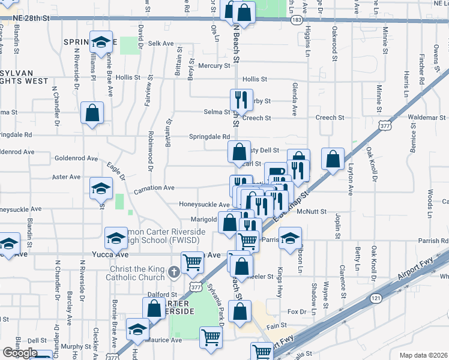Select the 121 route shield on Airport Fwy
click(x=375, y=298)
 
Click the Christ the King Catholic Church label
click(x=135, y=272)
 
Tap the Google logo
click(x=20, y=353)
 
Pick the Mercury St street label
click(x=214, y=65)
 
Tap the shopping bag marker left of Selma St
click(x=92, y=113)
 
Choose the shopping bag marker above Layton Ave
click(x=333, y=160)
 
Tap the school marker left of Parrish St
click(x=289, y=238)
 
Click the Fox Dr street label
click(x=297, y=312)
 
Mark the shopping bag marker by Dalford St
click(x=154, y=309)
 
